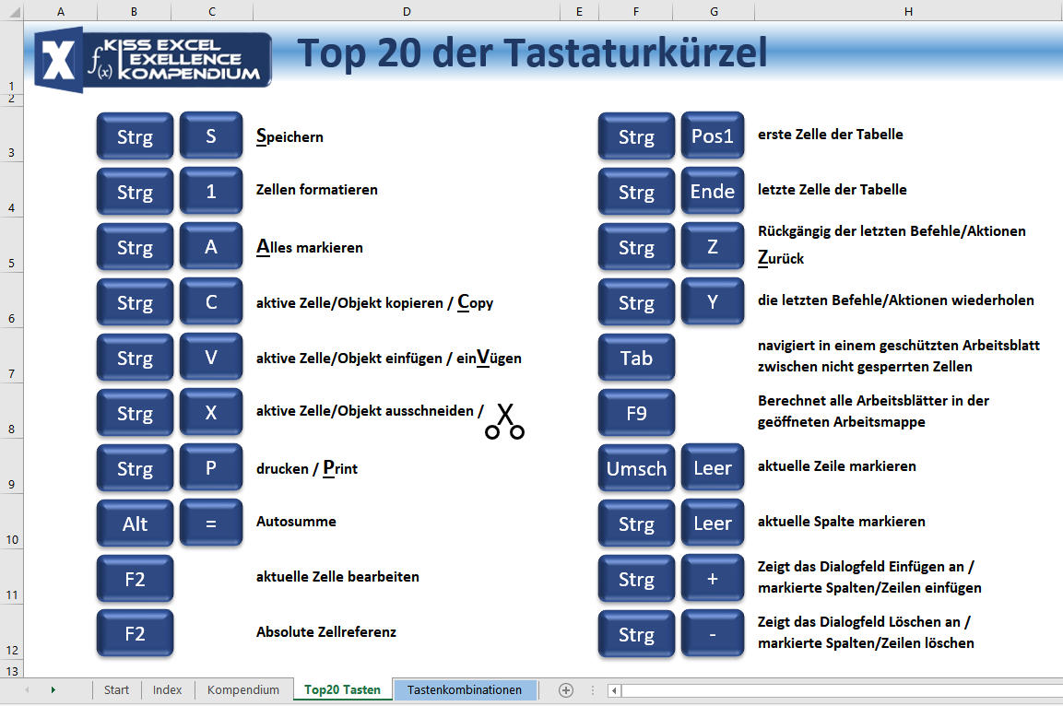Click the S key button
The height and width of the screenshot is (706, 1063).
pyautogui.click(x=211, y=135)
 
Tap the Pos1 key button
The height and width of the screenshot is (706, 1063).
pyautogui.click(x=712, y=135)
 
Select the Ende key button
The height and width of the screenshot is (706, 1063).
pyautogui.click(x=712, y=191)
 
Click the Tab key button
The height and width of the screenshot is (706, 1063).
pyautogui.click(x=636, y=357)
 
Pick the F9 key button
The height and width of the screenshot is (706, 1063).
pyautogui.click(x=636, y=413)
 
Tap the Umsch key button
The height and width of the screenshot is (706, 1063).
pyautogui.click(x=636, y=467)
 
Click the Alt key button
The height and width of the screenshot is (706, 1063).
pyautogui.click(x=135, y=524)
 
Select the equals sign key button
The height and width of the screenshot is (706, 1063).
pyautogui.click(x=211, y=524)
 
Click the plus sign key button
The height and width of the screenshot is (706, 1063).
pyautogui.click(x=712, y=579)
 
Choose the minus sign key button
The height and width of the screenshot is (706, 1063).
pyautogui.click(x=712, y=634)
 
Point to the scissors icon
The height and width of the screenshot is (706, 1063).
pyautogui.click(x=505, y=421)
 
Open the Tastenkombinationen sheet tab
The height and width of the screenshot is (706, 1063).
pyautogui.click(x=465, y=689)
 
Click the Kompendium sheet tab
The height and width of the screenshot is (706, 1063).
pyautogui.click(x=242, y=689)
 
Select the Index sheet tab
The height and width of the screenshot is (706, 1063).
pyautogui.click(x=167, y=689)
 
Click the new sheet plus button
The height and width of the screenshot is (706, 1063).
pyautogui.click(x=565, y=689)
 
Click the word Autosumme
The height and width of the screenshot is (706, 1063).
pyautogui.click(x=296, y=521)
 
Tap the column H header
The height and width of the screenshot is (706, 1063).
pyautogui.click(x=908, y=11)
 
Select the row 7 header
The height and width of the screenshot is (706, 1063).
pyautogui.click(x=12, y=373)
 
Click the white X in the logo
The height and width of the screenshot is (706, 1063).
pyautogui.click(x=59, y=60)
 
